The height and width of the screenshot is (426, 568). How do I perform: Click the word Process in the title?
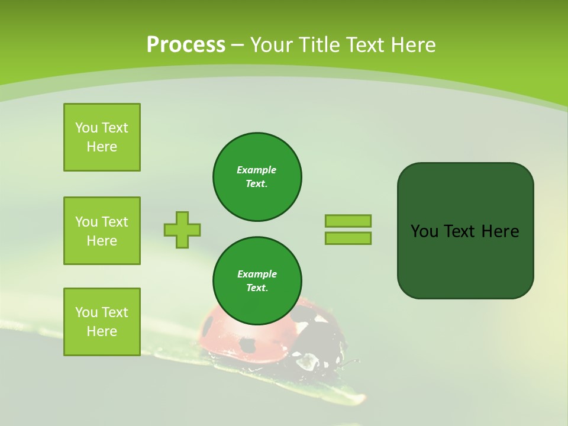point(186,45)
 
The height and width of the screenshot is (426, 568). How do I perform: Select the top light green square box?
point(102,137)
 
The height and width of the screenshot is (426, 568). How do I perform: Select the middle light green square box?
point(102,231)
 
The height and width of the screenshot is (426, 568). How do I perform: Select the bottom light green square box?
point(102,322)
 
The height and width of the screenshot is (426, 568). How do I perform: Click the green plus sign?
point(182,230)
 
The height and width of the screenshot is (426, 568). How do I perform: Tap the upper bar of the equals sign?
point(348,221)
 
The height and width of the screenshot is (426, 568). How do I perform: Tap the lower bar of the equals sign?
point(348,238)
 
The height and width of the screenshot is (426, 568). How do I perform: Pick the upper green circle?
point(257,177)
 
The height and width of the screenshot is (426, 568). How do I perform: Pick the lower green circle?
point(257,281)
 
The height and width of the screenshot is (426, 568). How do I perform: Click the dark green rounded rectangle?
point(465,260)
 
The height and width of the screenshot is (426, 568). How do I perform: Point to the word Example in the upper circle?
point(256,170)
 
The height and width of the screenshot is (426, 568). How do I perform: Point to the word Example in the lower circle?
point(257,274)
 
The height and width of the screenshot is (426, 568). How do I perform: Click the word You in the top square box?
point(86,128)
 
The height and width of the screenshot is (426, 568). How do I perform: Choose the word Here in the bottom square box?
point(102,331)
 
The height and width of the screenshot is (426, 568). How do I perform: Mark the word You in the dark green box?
point(424,231)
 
